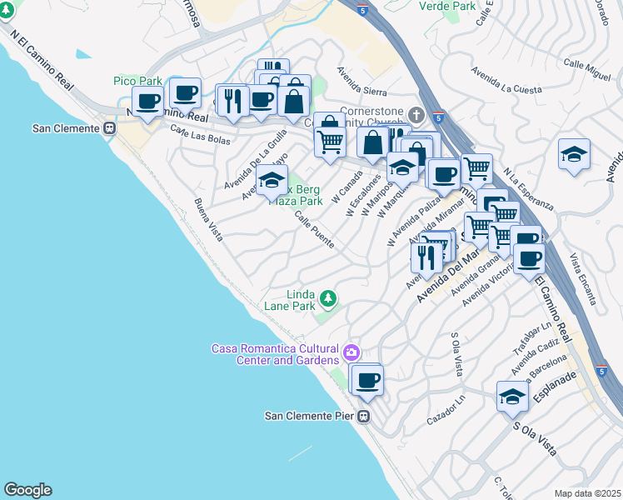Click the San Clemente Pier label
(310, 416)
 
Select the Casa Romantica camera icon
(351, 352)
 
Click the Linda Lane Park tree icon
(328, 297)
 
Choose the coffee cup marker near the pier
(366, 381)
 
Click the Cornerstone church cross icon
(416, 113)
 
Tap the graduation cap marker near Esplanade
(512, 397)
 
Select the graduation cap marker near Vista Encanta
(574, 156)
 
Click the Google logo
(27, 490)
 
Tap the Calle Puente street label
(315, 229)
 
